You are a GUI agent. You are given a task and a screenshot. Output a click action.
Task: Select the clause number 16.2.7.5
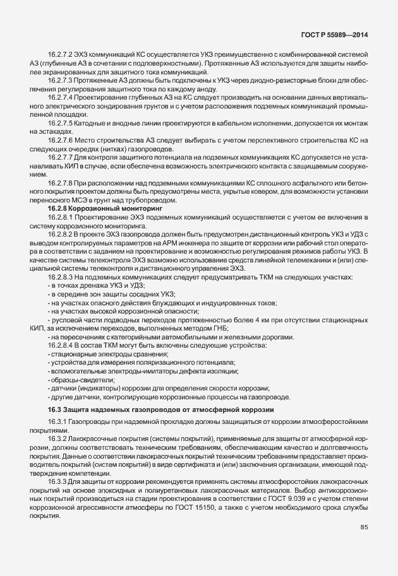tap(61, 125)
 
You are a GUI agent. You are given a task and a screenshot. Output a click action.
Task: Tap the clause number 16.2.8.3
tap(61, 278)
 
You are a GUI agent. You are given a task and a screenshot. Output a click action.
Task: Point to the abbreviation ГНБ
tap(220, 327)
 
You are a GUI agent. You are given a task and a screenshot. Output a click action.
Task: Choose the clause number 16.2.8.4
tap(61, 344)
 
